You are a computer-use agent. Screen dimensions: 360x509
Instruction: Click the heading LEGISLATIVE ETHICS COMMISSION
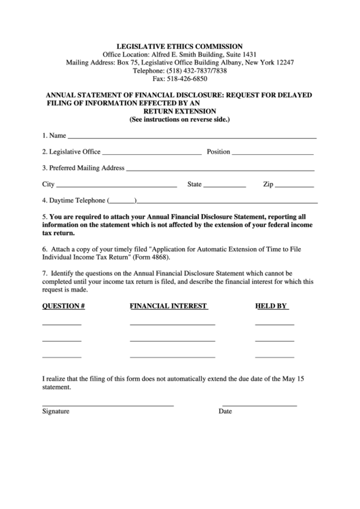click(180, 46)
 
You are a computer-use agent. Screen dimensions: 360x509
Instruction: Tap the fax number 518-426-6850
click(190, 79)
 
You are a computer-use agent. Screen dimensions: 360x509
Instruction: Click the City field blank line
click(118, 187)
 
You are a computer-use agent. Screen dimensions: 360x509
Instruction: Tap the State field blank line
click(225, 187)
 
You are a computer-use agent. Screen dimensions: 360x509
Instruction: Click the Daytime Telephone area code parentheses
click(122, 202)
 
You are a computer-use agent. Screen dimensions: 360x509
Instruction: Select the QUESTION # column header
click(63, 306)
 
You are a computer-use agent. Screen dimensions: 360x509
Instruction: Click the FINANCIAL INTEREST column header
click(168, 306)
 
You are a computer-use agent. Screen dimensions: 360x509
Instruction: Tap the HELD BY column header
click(272, 306)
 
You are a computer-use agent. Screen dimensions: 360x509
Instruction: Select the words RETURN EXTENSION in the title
click(180, 111)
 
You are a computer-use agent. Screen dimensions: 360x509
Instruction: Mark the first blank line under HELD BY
click(274, 324)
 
